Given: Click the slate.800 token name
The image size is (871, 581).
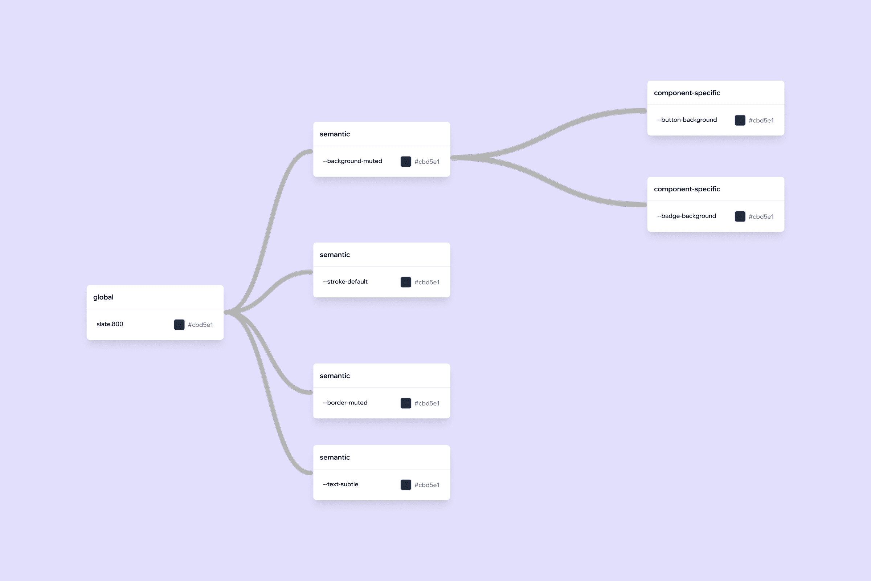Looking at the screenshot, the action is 110,324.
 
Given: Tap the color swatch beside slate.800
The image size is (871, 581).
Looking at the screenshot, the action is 179,325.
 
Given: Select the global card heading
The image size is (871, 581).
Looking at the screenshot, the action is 103,297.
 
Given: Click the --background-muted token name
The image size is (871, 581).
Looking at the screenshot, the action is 352,161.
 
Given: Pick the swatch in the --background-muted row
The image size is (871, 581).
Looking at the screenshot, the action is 406,162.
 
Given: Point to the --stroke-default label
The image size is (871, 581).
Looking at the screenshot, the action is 345,282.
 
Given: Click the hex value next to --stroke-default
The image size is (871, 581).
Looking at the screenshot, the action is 427,283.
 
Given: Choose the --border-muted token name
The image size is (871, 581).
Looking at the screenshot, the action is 345,403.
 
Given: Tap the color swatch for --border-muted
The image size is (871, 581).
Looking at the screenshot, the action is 406,403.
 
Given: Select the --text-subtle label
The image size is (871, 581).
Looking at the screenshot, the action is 341,484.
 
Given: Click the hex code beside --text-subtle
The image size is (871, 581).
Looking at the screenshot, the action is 427,485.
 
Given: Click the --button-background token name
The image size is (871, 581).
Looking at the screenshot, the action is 687,120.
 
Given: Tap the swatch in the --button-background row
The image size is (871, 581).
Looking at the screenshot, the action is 740,121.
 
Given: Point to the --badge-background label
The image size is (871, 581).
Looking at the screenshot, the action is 687,216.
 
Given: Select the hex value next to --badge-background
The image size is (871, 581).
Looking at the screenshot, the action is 761,217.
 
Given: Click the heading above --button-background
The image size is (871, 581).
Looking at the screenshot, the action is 687,93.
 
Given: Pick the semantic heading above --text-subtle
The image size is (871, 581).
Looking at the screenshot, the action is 335,458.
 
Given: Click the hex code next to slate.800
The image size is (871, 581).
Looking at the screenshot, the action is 200,325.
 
